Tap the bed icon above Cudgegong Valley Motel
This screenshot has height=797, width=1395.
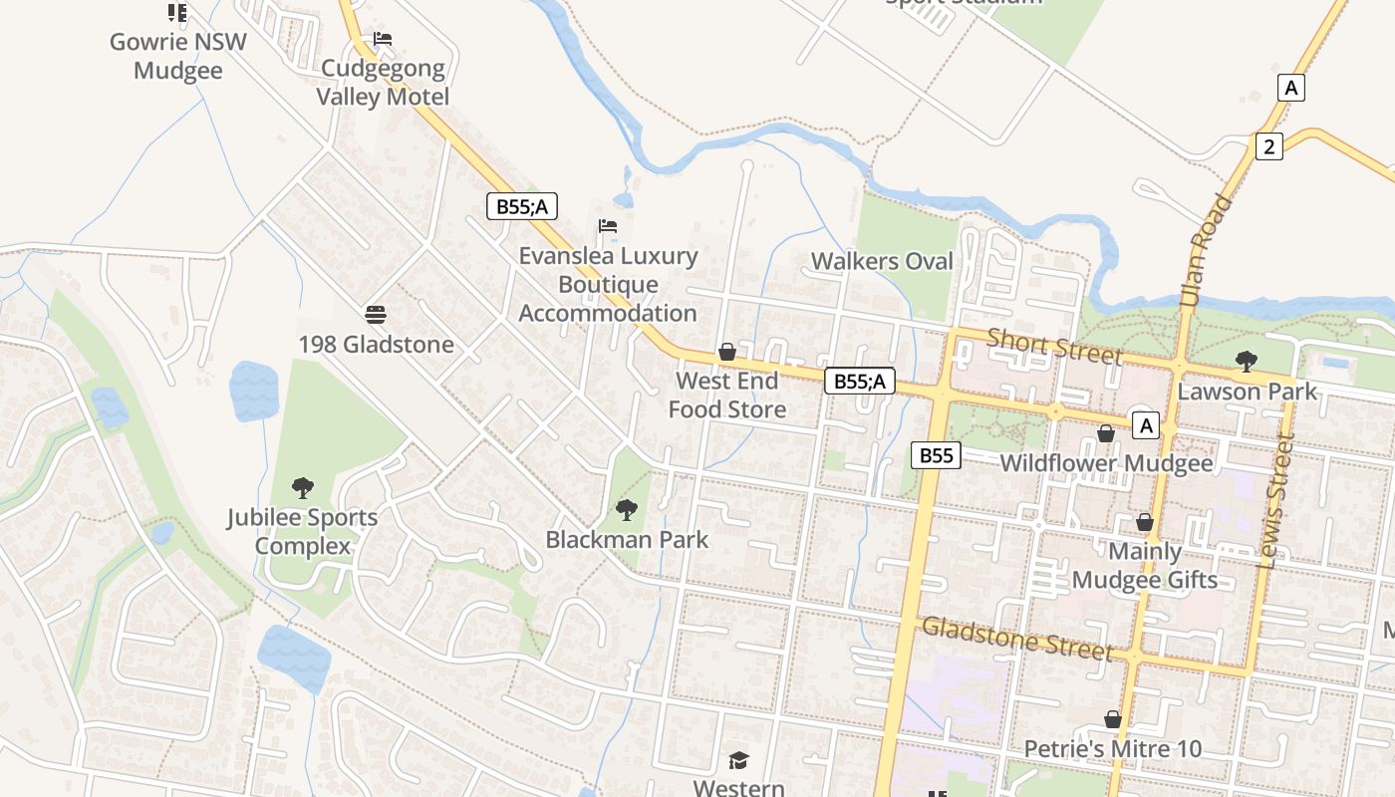(x=383, y=40)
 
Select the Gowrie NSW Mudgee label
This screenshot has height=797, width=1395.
(x=177, y=57)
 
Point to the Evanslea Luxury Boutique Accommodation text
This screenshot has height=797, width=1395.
(x=608, y=284)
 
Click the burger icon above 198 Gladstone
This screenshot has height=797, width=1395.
(x=376, y=315)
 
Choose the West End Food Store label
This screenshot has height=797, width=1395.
(x=726, y=395)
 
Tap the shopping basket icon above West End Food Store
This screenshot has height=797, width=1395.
(x=727, y=353)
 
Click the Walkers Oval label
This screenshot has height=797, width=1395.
(x=882, y=262)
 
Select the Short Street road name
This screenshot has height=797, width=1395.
(x=1054, y=347)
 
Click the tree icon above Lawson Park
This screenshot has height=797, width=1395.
(x=1246, y=362)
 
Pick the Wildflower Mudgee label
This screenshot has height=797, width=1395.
(x=1106, y=463)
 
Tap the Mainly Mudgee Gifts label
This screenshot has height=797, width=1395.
(x=1145, y=566)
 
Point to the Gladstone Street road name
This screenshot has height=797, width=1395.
(x=1016, y=638)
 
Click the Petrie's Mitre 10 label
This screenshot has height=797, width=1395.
(x=1113, y=749)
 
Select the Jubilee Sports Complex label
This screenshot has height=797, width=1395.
(x=302, y=532)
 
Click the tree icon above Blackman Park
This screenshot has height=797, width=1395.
(x=627, y=511)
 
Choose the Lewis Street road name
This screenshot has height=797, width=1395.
(x=1276, y=500)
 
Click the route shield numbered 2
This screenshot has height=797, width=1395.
(x=1268, y=146)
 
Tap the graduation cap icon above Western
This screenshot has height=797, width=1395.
(x=738, y=761)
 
